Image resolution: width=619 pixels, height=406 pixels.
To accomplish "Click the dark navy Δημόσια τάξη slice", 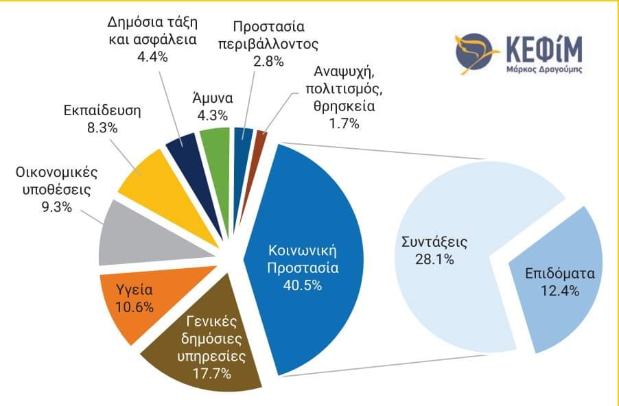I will click(183, 145).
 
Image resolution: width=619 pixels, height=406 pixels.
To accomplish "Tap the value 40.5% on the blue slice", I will click(303, 285).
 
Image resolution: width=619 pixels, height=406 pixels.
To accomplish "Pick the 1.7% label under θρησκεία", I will click(336, 123).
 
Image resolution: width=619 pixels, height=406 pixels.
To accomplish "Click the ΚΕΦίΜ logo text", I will click(540, 49).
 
